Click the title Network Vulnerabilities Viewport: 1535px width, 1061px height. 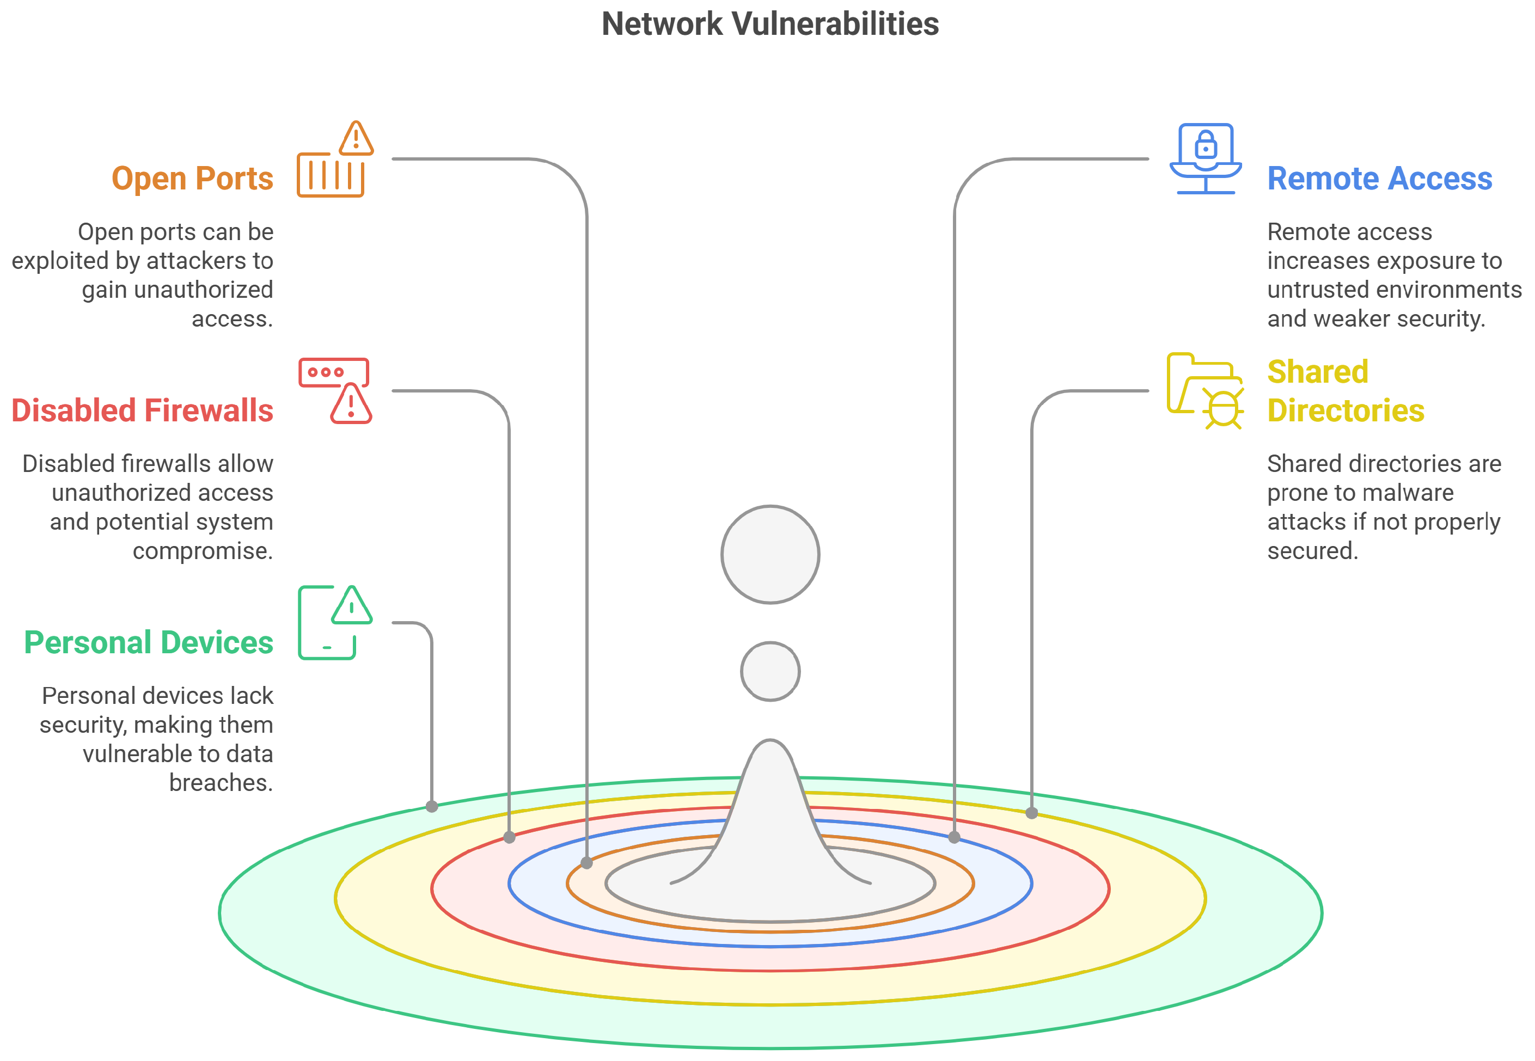769,24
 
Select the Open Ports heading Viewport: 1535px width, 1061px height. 192,178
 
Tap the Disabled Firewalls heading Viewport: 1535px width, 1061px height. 142,410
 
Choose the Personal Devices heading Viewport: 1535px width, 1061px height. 148,642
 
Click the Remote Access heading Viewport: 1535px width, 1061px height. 1379,178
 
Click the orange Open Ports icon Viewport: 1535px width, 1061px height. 334,160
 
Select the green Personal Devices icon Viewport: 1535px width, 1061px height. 334,622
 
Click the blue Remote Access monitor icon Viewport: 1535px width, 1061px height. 1204,159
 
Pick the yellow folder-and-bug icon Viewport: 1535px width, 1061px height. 1204,391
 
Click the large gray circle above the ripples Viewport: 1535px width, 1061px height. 770,554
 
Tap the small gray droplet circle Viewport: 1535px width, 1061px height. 770,671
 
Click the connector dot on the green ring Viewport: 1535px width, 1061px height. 431,806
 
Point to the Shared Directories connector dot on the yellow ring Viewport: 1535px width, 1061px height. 1031,812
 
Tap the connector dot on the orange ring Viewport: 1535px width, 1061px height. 586,863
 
